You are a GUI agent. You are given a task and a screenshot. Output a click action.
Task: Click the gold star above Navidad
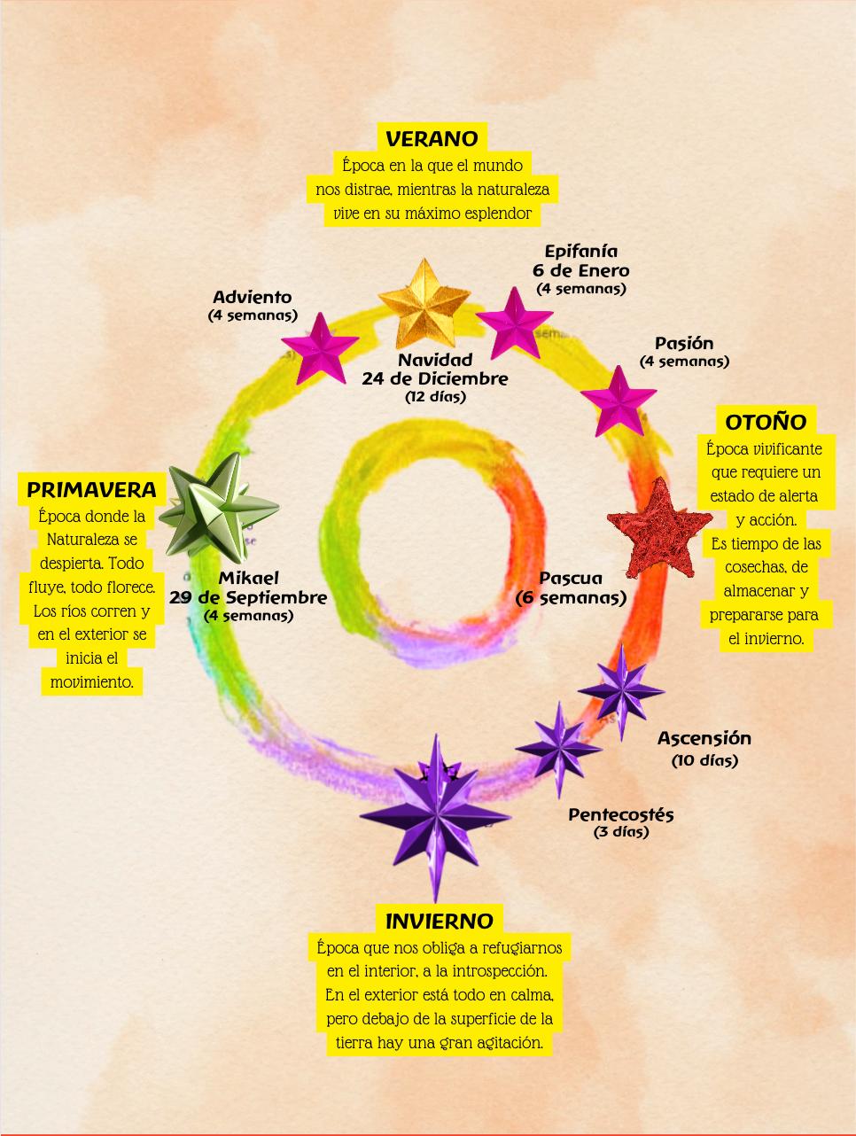pos(424,304)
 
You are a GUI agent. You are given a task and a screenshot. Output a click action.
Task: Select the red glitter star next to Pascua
pos(660,528)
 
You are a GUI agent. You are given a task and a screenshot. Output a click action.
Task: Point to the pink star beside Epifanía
pos(515,322)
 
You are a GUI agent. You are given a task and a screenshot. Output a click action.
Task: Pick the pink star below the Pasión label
pos(619,401)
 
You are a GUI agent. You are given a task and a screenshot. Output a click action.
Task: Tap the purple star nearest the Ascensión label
pos(621,690)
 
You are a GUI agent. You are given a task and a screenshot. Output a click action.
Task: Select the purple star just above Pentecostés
pos(559,749)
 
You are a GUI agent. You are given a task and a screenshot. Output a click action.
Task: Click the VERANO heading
pos(432,138)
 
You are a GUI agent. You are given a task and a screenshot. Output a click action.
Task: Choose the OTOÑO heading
pos(766,422)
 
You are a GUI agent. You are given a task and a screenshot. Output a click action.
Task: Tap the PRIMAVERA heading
pos(91,489)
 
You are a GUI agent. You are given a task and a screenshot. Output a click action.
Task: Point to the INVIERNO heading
pos(439,922)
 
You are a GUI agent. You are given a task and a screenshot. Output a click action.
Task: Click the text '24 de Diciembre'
pos(435,378)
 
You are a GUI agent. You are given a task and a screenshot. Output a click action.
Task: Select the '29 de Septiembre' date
pos(248,597)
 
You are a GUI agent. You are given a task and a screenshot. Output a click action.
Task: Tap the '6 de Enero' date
pos(581,270)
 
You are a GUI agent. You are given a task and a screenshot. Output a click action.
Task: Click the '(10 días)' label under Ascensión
pos(704,760)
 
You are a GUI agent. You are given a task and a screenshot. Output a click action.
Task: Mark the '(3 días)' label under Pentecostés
pos(621,832)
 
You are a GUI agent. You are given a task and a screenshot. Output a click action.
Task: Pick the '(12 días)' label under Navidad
pos(435,397)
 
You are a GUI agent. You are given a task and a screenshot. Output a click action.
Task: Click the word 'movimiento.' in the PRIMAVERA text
pos(91,682)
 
